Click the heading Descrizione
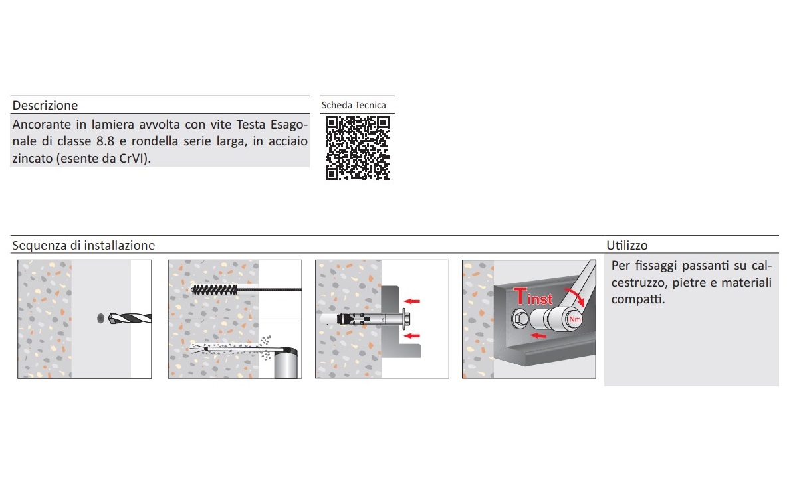tap(45, 106)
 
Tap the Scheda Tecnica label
tap(354, 105)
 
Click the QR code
tap(357, 148)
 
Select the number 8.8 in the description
tap(106, 141)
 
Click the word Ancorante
tap(42, 125)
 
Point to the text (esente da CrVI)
tap(103, 158)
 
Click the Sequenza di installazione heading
tap(84, 245)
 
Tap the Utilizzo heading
tap(627, 245)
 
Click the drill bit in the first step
tap(130, 318)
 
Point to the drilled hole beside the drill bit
tap(100, 318)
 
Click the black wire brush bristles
tap(214, 289)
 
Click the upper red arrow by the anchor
tap(412, 301)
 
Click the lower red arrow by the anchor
tap(412, 336)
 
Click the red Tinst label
tap(533, 297)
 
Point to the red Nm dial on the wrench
tap(575, 319)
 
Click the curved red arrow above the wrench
tap(575, 297)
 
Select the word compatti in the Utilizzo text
tap(638, 299)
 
